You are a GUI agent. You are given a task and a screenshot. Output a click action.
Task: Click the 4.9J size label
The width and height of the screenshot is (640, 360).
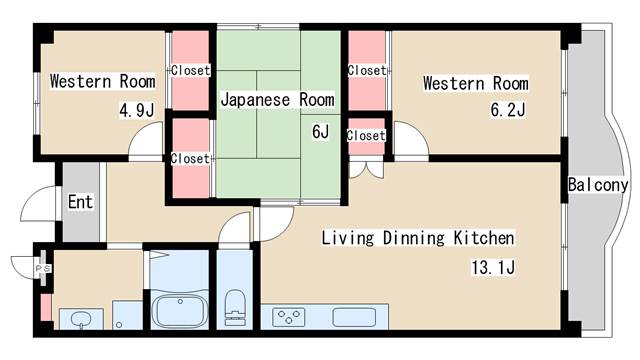(x=137, y=110)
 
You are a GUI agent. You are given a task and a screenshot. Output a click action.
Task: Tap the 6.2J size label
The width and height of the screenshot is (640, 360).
(x=508, y=109)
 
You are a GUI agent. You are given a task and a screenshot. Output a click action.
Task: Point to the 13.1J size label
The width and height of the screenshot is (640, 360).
(x=493, y=267)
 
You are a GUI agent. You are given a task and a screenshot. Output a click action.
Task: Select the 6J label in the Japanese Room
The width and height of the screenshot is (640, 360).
(x=320, y=131)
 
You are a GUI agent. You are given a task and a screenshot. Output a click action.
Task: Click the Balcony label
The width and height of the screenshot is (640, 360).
(x=598, y=185)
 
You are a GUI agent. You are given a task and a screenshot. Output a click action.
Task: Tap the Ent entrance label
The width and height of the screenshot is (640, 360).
(x=80, y=202)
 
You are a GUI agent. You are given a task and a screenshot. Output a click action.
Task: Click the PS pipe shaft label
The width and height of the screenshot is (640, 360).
(x=43, y=269)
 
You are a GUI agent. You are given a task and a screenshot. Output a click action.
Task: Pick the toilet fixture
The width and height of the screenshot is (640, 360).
(x=235, y=307)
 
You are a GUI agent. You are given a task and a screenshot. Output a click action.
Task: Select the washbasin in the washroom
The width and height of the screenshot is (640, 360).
(x=81, y=318)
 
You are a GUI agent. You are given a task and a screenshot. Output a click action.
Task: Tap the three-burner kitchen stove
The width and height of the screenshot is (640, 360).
(x=289, y=317)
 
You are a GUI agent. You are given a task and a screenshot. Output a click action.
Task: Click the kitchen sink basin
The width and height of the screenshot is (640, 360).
(x=354, y=317)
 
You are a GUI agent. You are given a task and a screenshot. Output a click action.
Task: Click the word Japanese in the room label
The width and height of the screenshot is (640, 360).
(x=256, y=100)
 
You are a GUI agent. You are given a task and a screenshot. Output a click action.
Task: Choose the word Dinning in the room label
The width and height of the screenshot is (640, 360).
(x=413, y=238)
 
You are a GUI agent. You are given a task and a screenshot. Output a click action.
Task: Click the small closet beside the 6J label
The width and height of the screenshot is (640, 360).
(x=366, y=137)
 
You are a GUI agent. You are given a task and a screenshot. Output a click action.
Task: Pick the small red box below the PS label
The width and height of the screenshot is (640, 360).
(x=46, y=307)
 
